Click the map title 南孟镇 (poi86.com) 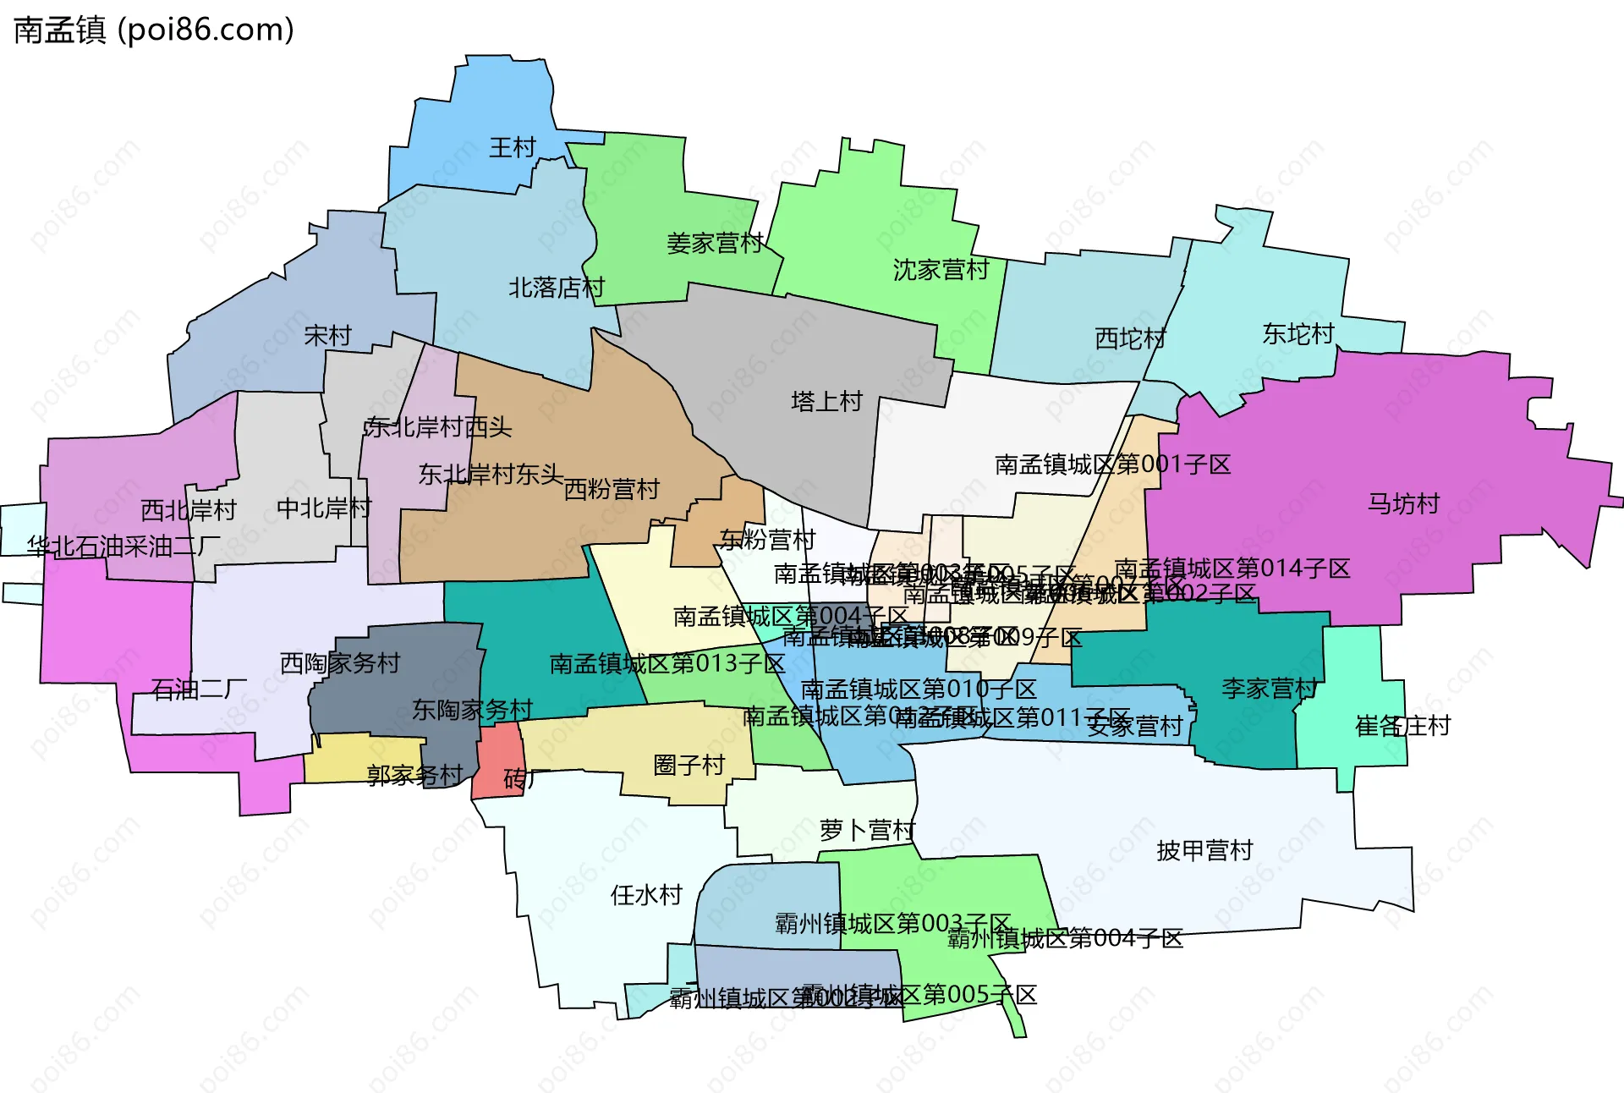pyautogui.click(x=154, y=30)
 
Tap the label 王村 pyautogui.click(x=513, y=148)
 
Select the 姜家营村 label pyautogui.click(x=715, y=244)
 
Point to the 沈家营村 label pyautogui.click(x=941, y=270)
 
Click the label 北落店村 pyautogui.click(x=557, y=288)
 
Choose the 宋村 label pyautogui.click(x=327, y=336)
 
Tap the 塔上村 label pyautogui.click(x=826, y=401)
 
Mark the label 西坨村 pyautogui.click(x=1130, y=338)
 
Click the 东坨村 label pyautogui.click(x=1298, y=334)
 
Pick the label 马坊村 pyautogui.click(x=1403, y=504)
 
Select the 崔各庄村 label pyautogui.click(x=1402, y=726)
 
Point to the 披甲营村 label pyautogui.click(x=1204, y=850)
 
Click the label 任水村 pyautogui.click(x=646, y=895)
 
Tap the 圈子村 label pyautogui.click(x=689, y=766)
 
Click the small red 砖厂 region pyautogui.click(x=495, y=761)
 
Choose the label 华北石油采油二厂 pyautogui.click(x=123, y=546)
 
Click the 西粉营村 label pyautogui.click(x=611, y=489)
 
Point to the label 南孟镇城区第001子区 pyautogui.click(x=1112, y=464)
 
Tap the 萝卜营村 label pyautogui.click(x=867, y=831)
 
